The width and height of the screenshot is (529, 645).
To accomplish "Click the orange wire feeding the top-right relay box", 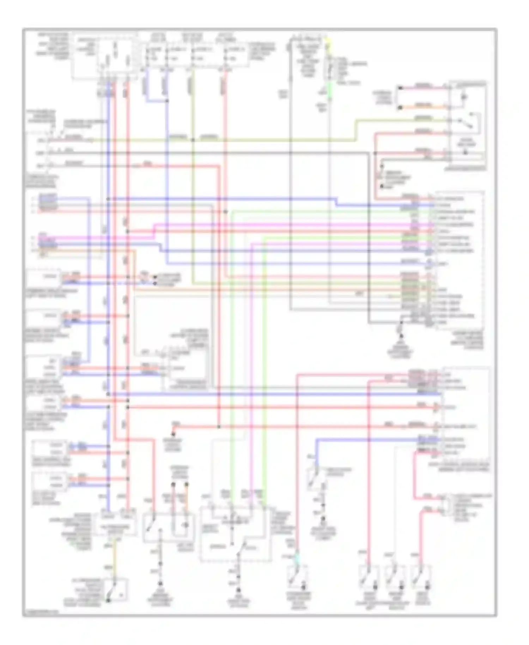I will click(x=423, y=106).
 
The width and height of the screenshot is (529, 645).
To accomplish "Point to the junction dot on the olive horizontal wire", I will click(x=193, y=140).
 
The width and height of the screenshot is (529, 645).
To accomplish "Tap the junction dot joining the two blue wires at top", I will click(x=166, y=101).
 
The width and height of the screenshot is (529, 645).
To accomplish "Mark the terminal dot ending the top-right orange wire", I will click(x=400, y=107).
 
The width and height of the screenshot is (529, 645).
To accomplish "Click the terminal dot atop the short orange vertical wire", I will click(x=187, y=485).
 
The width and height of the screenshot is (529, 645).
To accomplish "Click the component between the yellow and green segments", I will click(x=329, y=69).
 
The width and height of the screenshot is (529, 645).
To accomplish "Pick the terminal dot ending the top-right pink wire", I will click(x=400, y=88).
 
